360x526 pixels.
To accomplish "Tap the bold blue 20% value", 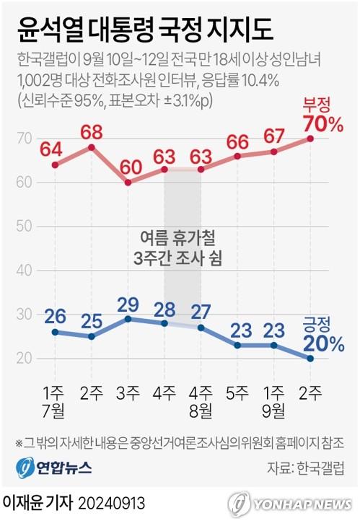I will pos(323,343).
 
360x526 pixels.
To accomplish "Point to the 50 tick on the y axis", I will pos(25,227).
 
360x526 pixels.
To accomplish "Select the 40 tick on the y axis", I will pos(25,271).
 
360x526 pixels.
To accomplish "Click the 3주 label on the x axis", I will pos(128,393).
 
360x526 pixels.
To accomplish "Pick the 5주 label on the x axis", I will pos(238,393).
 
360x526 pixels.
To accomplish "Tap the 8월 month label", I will pos(201,411).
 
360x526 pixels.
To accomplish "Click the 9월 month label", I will pos(274,411).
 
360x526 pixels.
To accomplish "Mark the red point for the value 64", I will pos(55,165).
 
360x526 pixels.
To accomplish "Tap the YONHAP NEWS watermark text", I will pos(303,503).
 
